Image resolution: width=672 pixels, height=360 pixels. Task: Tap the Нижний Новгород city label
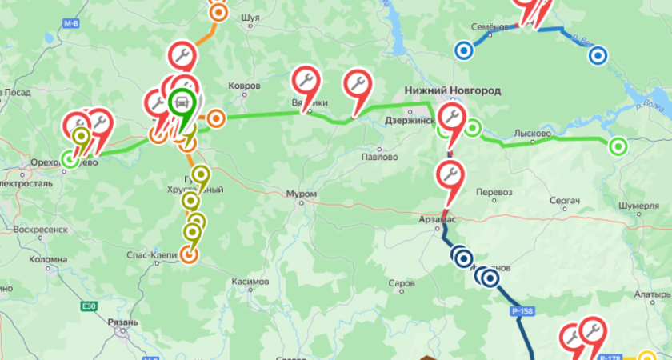tap(452, 91)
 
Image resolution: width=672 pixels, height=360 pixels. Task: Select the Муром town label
tap(302, 194)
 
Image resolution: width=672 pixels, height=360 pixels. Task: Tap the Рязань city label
tap(122, 322)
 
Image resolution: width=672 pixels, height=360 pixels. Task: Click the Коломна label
tap(48, 259)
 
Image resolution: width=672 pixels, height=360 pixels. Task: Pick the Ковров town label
tap(245, 86)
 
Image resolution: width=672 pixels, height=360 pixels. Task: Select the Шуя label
tap(250, 15)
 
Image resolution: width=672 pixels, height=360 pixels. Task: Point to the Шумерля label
tap(637, 206)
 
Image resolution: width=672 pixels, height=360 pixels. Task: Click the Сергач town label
tap(564, 198)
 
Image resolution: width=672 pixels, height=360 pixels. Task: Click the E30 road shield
tap(88, 306)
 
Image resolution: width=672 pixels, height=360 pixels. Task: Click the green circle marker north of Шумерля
tap(618, 146)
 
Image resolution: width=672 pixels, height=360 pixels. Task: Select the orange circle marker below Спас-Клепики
tap(188, 254)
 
